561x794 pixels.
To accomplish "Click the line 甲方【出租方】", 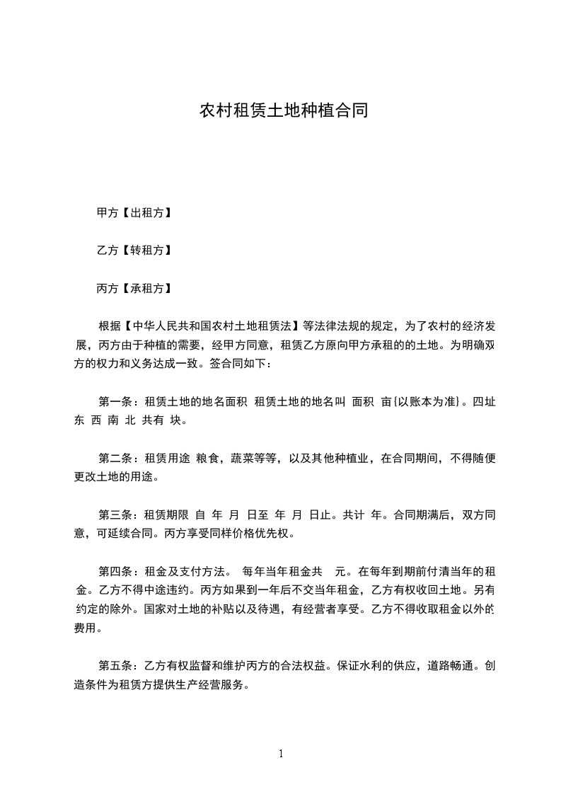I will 134,212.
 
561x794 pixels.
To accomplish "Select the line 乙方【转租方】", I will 134,251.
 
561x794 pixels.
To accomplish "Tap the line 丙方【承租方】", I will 134,288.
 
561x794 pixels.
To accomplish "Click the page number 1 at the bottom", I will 281,754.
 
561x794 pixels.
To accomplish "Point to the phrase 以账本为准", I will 433,401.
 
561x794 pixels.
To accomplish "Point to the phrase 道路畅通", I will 451,665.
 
